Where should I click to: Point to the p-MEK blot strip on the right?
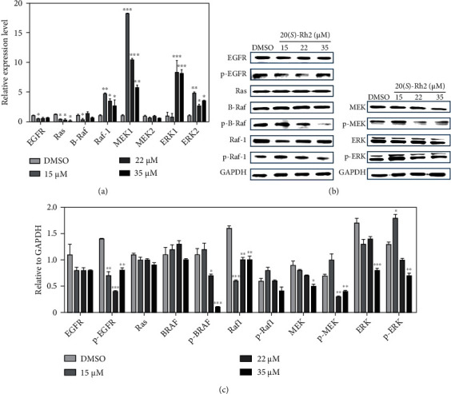coord(405,126)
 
